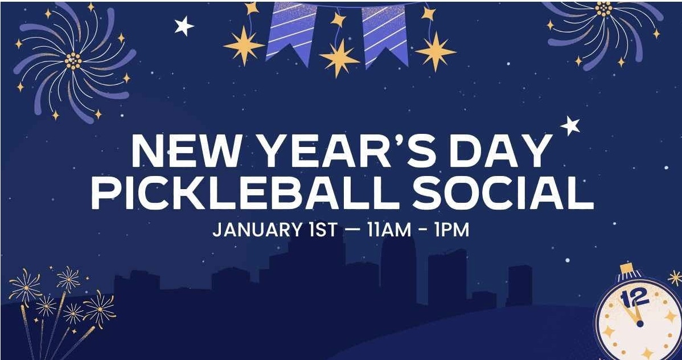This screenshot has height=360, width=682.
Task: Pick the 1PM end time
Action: [451, 230]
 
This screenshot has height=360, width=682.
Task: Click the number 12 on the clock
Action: [635, 298]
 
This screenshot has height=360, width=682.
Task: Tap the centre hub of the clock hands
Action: [639, 324]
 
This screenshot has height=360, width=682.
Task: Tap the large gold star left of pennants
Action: [244, 45]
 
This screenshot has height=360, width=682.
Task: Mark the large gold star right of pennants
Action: [436, 52]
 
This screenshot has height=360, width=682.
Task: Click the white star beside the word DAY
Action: [570, 126]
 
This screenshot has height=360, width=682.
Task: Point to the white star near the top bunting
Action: [184, 26]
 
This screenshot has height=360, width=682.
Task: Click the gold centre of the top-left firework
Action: [73, 61]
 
